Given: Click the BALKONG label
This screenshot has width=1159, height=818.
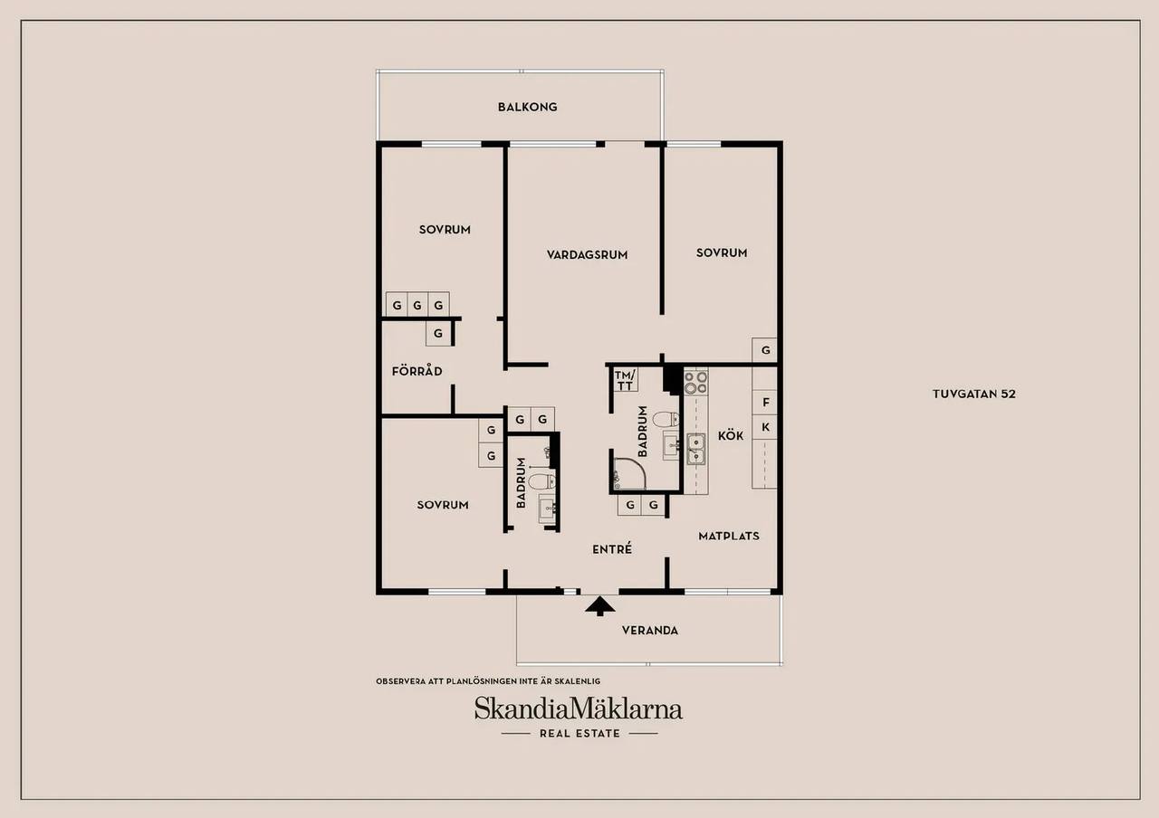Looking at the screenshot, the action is click(x=527, y=107).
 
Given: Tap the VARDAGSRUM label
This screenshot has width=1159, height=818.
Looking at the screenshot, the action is click(x=588, y=255).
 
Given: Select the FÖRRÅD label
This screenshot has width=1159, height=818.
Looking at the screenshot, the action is click(x=417, y=371).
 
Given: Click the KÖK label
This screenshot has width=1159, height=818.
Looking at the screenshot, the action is click(x=731, y=435).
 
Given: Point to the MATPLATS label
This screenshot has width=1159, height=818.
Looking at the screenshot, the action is click(x=729, y=537).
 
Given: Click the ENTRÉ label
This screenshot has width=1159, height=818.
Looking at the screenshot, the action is click(x=612, y=548).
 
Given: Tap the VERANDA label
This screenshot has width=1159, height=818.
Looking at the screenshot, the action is click(x=650, y=631).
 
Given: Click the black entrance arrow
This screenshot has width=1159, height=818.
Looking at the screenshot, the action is click(x=600, y=606).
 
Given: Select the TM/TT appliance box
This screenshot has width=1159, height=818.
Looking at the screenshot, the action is click(x=625, y=380).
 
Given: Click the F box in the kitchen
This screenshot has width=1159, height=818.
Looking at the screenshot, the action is click(x=765, y=403).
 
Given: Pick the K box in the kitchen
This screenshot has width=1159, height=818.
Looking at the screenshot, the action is click(x=765, y=427).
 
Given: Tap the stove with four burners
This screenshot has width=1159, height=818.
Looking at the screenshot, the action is click(x=696, y=382).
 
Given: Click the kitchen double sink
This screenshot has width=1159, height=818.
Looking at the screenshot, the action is click(x=696, y=449).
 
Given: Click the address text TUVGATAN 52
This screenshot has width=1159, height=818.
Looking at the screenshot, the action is click(x=973, y=394).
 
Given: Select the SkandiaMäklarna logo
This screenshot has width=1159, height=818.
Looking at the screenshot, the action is click(x=579, y=709).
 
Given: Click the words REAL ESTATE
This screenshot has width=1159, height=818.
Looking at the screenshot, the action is click(x=579, y=733).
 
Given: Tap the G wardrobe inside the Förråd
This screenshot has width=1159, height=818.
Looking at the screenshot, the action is click(x=438, y=334).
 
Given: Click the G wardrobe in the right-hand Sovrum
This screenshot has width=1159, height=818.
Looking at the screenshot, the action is click(x=765, y=350).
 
